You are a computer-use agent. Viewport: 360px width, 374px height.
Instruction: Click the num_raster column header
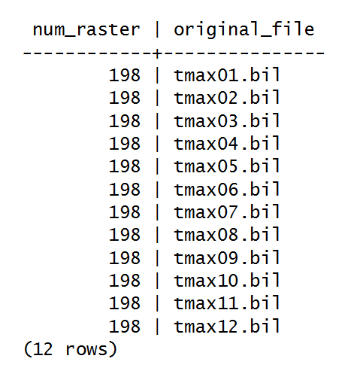tap(86, 30)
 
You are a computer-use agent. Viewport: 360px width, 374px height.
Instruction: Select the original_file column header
tap(244, 29)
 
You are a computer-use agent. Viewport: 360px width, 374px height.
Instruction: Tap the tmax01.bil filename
tap(227, 74)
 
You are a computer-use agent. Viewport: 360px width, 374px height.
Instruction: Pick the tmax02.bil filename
tap(227, 98)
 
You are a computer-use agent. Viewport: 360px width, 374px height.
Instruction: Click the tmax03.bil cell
tap(227, 120)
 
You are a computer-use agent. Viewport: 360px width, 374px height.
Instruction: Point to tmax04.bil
tap(227, 143)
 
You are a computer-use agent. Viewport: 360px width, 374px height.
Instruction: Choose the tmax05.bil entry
tap(227, 166)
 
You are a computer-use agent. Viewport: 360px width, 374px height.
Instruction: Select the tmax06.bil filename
tap(227, 189)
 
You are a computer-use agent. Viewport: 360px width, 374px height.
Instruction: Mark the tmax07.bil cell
tap(227, 211)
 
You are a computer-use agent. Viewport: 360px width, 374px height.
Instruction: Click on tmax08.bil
tap(227, 234)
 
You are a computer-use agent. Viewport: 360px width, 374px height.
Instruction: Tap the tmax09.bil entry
tap(227, 257)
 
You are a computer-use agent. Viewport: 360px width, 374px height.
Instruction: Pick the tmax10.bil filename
tap(227, 280)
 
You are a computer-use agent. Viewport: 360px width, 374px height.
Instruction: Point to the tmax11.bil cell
tap(227, 303)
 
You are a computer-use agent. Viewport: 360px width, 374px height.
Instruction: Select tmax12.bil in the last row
tap(227, 326)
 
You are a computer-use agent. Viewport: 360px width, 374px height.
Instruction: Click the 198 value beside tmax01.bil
tap(125, 75)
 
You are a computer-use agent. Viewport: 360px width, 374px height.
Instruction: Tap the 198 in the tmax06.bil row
tap(125, 189)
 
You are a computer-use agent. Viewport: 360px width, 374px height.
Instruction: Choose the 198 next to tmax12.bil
tap(125, 326)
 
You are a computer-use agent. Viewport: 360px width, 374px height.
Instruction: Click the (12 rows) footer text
tap(70, 348)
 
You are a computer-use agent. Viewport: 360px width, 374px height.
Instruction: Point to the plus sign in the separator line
tap(157, 53)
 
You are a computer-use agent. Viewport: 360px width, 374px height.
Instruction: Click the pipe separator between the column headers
tap(157, 29)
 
